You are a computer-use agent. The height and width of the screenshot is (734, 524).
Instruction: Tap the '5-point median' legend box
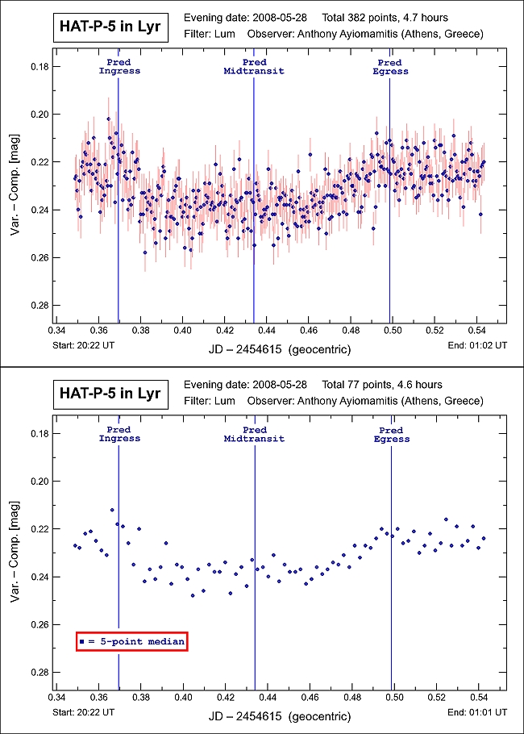point(132,641)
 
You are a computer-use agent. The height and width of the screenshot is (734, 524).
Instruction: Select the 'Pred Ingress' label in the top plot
point(119,67)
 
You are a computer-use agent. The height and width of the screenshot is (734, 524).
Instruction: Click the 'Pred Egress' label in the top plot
point(390,67)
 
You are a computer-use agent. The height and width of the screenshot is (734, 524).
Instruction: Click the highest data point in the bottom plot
point(112,510)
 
